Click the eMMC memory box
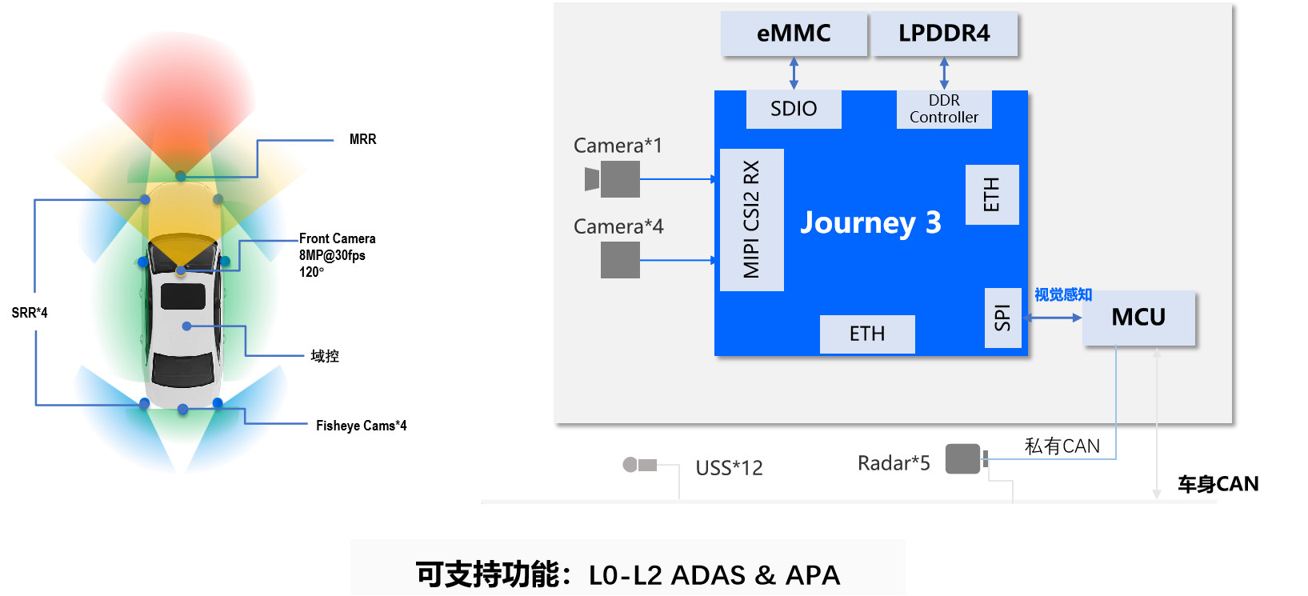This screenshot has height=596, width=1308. pyautogui.click(x=794, y=34)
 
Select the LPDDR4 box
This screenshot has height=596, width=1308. pyautogui.click(x=944, y=34)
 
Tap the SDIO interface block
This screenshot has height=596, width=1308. pyautogui.click(x=794, y=109)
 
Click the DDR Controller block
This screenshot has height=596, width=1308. pyautogui.click(x=944, y=109)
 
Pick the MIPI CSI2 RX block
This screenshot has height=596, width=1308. pyautogui.click(x=751, y=219)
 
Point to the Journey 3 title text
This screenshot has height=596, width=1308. pyautogui.click(x=870, y=222)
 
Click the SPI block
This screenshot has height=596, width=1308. pyautogui.click(x=1002, y=318)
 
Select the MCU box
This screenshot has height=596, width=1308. pyautogui.click(x=1138, y=318)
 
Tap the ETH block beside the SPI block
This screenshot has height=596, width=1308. pyautogui.click(x=867, y=334)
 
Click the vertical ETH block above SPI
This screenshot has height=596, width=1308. pyautogui.click(x=992, y=194)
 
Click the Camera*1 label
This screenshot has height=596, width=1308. pyautogui.click(x=618, y=146)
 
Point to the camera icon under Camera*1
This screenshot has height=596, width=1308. pyautogui.click(x=613, y=179)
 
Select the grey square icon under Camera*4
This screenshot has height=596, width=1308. pyautogui.click(x=620, y=260)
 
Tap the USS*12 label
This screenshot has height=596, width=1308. pyautogui.click(x=729, y=468)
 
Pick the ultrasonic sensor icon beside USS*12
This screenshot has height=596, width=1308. pyautogui.click(x=639, y=464)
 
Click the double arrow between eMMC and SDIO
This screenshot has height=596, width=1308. pyautogui.click(x=794, y=73)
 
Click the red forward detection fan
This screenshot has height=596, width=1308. pyautogui.click(x=178, y=88)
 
